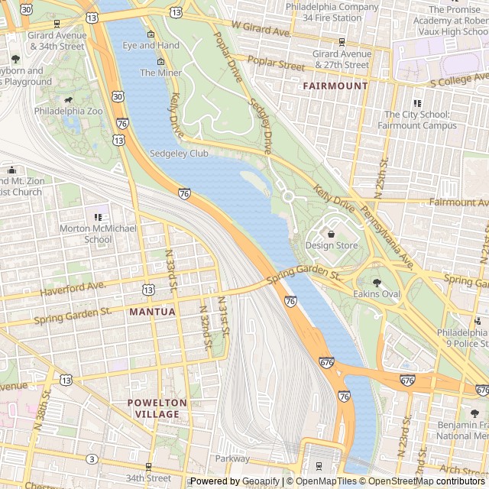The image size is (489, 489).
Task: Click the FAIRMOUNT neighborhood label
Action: (335, 86)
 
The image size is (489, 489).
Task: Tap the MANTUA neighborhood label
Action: (152, 312)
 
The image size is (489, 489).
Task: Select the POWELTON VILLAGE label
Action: (157, 408)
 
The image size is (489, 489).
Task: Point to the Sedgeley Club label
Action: (180, 154)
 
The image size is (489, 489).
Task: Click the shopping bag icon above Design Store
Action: (331, 233)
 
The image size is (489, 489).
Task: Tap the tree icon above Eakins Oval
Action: (376, 282)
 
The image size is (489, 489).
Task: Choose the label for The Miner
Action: (160, 73)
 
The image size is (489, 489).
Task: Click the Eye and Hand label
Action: (151, 46)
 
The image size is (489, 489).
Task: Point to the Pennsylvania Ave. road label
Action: (387, 238)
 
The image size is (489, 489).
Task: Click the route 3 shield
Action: (92, 458)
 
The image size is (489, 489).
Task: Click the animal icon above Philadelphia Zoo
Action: (69, 99)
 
